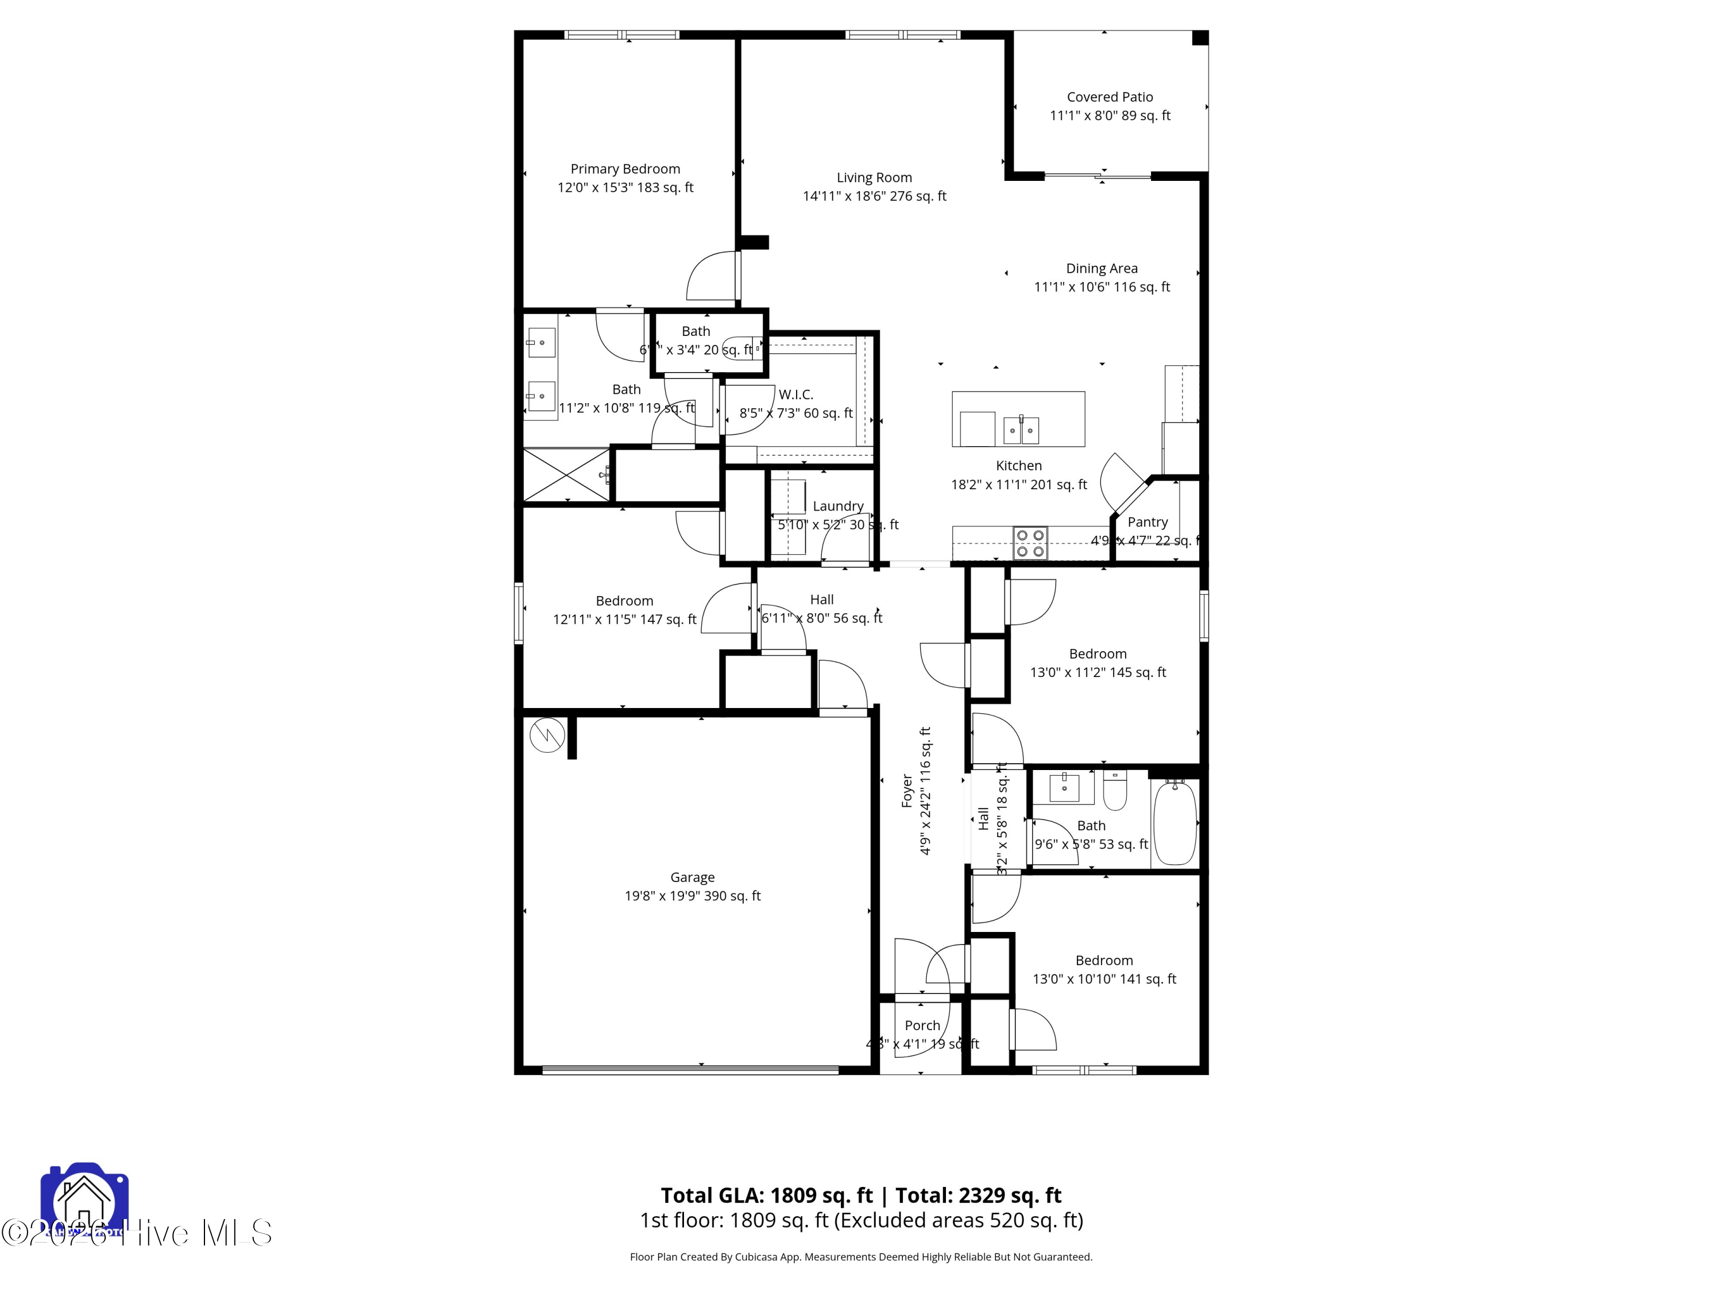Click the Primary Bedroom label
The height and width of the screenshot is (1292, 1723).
coord(625,169)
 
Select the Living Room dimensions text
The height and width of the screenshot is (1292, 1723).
coord(874,196)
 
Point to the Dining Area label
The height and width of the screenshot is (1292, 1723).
coord(1102,269)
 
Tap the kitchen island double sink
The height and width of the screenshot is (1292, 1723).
coord(1021,429)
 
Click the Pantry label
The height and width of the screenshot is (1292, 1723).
coord(1148,522)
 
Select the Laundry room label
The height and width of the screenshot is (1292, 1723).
coord(837,506)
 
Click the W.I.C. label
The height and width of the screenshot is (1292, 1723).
coord(795,395)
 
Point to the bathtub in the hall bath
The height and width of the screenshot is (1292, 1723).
coord(1174,824)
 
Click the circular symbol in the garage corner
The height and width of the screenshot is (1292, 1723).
coord(547,734)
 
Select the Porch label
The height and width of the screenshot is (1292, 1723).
coord(922,1026)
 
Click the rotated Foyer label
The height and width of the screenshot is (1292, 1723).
coord(907,791)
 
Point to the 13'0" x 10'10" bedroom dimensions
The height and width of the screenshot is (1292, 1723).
coord(1104,979)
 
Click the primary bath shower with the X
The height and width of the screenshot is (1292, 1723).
coord(566,474)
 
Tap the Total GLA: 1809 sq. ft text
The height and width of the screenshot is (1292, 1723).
coord(767,1196)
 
